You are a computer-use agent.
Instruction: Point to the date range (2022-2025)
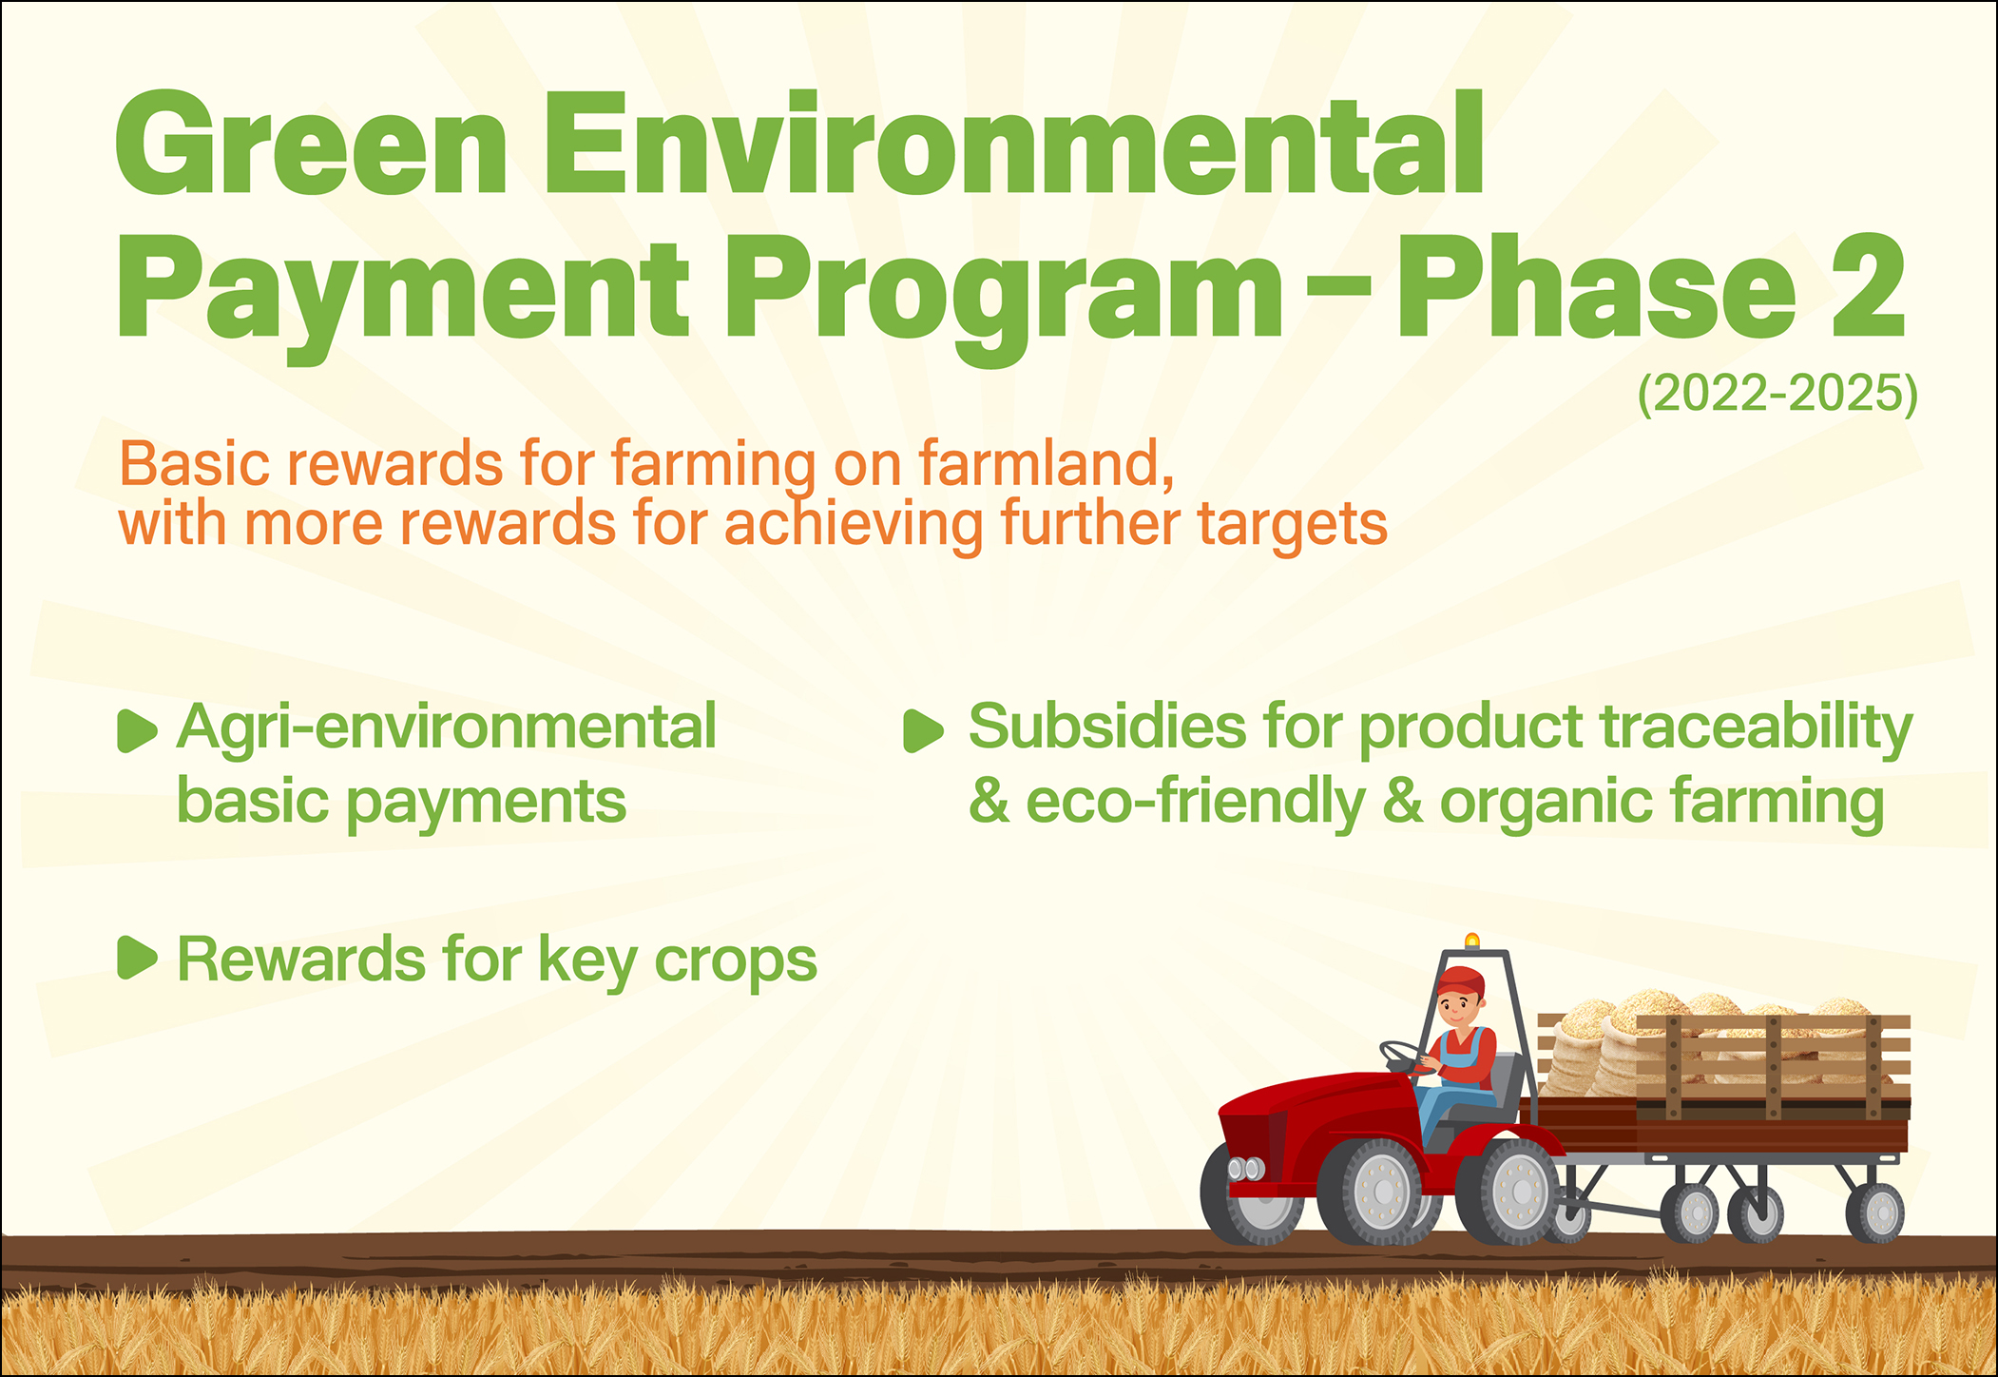click(1777, 394)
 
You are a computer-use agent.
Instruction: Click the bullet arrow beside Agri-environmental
click(137, 730)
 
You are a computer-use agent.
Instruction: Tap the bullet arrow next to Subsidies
click(923, 730)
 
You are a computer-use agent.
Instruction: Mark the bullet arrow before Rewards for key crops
click(137, 958)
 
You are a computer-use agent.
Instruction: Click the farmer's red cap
click(1460, 980)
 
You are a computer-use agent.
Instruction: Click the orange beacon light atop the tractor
click(1472, 941)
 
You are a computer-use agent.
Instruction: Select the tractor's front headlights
click(1246, 1169)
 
